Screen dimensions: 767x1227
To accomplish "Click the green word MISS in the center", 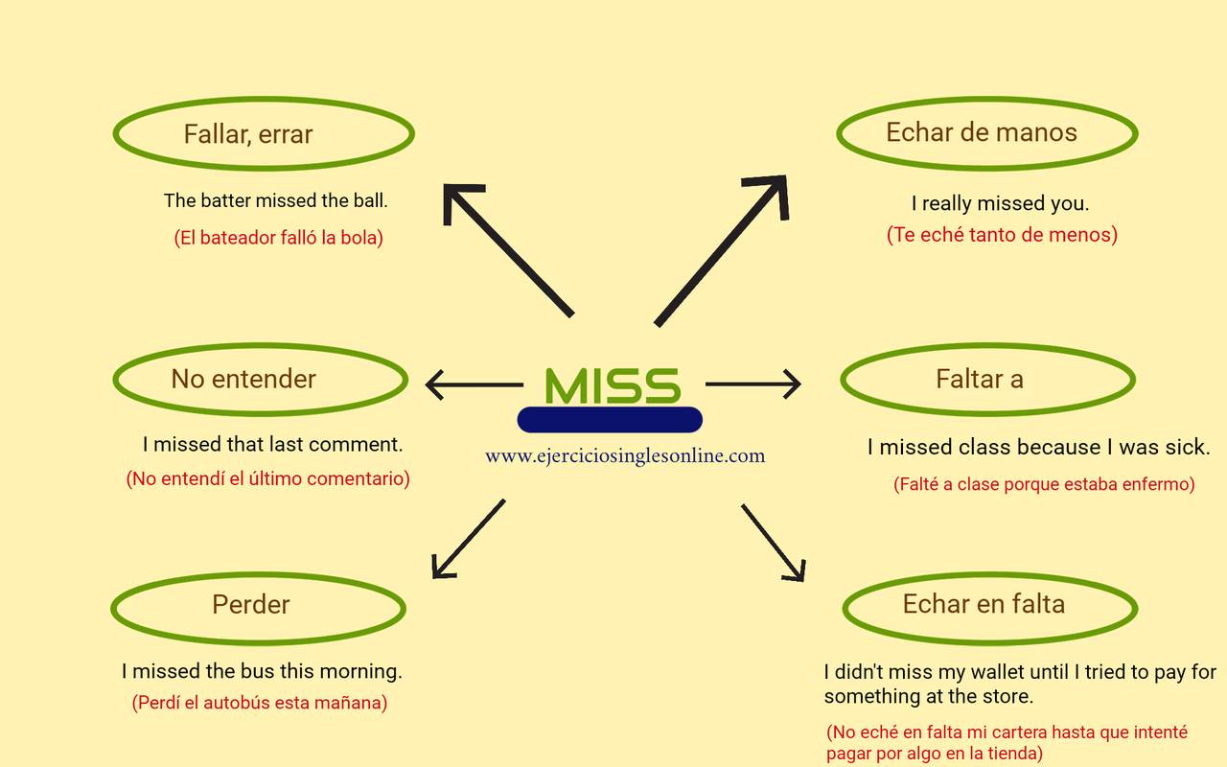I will pos(612,385).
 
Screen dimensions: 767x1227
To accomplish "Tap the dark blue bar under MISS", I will pos(610,420).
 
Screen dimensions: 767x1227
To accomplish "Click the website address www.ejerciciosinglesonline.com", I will pos(625,456).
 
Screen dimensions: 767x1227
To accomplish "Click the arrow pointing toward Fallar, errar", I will pos(508,249).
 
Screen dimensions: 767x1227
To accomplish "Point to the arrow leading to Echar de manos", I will pos(721,250).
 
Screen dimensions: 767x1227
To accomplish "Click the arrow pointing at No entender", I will pos(474,385).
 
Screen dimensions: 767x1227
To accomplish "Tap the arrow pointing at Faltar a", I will pos(752,384).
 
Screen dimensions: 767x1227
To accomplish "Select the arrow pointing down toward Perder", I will pos(468,539).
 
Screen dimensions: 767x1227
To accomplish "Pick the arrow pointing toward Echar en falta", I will pos(773,543).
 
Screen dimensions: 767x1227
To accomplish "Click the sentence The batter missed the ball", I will pos(275,201).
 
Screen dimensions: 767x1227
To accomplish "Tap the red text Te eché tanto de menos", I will pos(1002,235).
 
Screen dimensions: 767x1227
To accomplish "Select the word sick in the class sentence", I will pos(1188,448).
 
